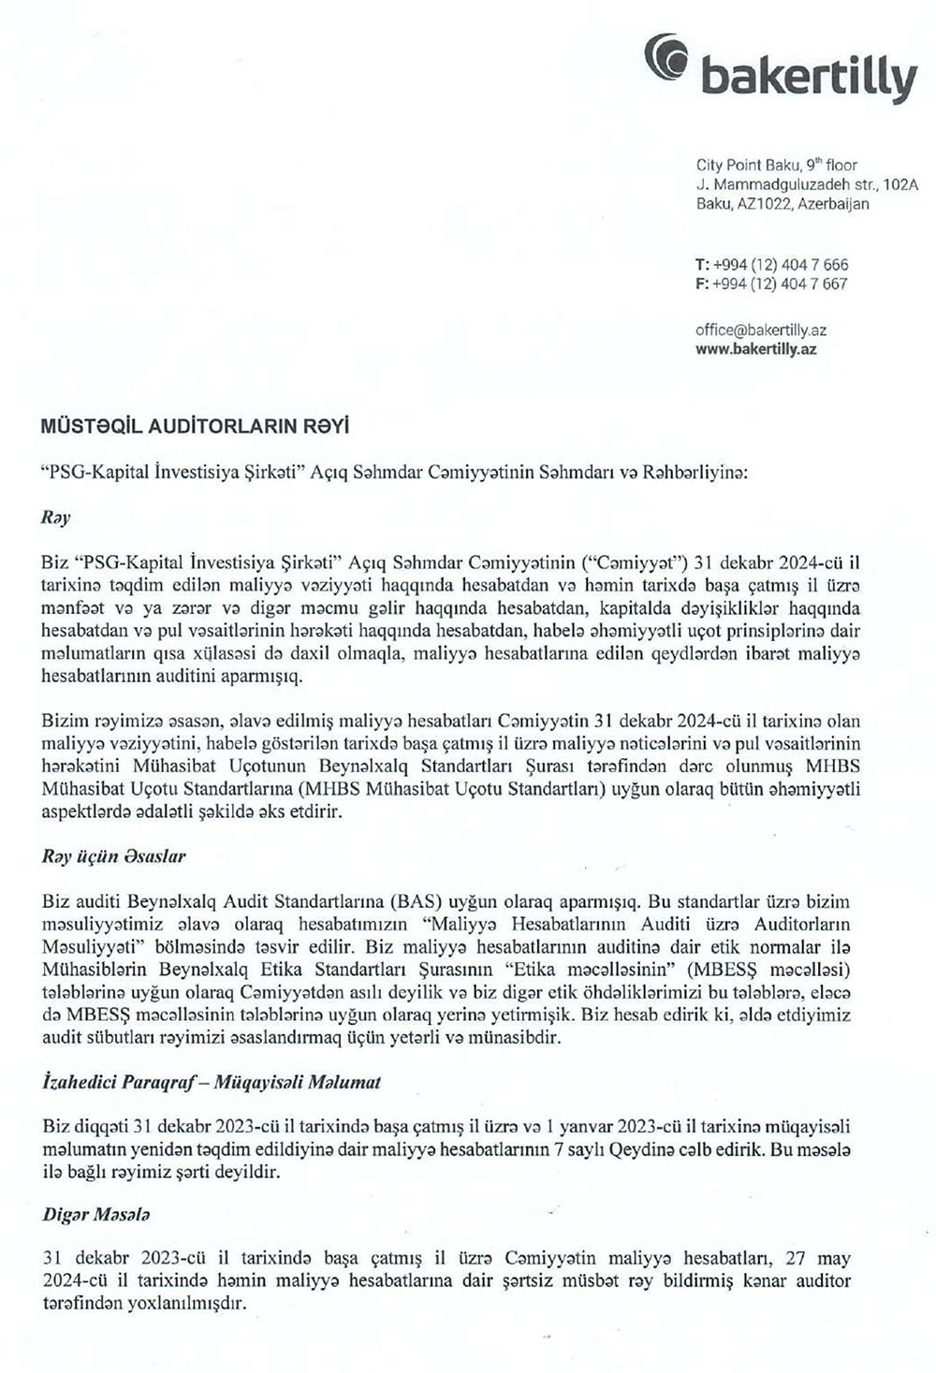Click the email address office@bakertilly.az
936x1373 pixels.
[x=761, y=330]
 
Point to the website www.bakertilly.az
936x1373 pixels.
[x=756, y=348]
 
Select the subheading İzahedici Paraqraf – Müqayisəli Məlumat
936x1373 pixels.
[x=212, y=1082]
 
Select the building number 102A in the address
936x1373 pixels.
[x=899, y=184]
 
